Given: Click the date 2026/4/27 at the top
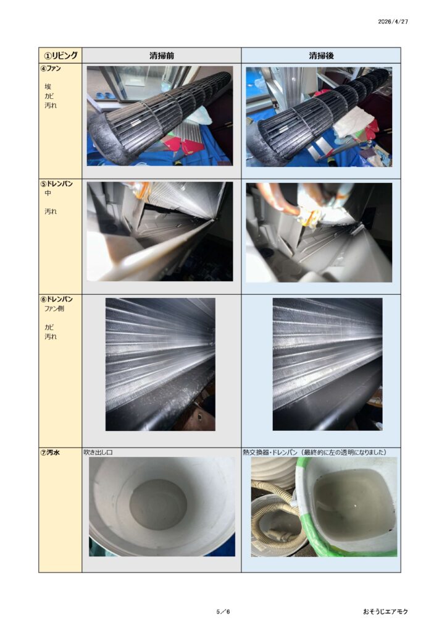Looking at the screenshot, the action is click(393, 22).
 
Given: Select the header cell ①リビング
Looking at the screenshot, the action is click(61, 55).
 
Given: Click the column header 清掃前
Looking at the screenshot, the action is click(162, 56).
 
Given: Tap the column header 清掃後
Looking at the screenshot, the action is click(321, 56).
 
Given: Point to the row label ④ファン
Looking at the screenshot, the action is click(51, 68).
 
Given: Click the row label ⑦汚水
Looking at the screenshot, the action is click(50, 452).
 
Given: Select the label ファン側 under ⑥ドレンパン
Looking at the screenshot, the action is click(54, 309).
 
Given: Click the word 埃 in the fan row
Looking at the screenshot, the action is click(48, 87).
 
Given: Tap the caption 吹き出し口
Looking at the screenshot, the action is click(98, 452).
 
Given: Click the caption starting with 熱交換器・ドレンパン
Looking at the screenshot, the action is click(314, 452).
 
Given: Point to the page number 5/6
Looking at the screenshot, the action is click(223, 611).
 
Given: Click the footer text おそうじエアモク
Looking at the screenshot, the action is click(385, 611).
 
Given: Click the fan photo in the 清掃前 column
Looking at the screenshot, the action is click(160, 116).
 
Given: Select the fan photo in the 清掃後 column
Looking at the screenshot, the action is click(319, 117).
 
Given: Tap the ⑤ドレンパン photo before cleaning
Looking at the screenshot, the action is click(160, 231).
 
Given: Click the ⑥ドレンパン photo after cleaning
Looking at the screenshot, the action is click(327, 365).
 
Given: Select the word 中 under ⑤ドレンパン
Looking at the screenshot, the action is click(48, 193).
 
